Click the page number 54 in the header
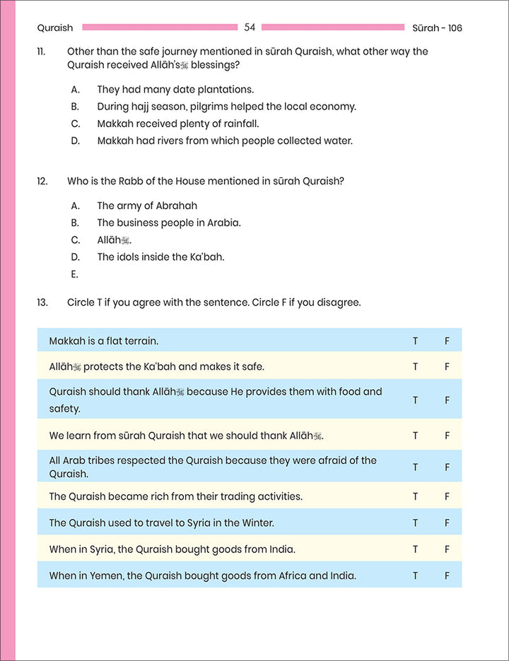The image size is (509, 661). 250,28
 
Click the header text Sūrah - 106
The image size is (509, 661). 437,28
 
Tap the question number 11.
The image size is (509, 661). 42,52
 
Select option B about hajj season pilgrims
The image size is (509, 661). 226,107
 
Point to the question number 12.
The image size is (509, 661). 42,181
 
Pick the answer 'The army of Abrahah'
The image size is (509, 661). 147,206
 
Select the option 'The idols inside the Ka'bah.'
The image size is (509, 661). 160,257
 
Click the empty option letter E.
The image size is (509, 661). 74,274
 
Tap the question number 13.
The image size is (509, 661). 42,302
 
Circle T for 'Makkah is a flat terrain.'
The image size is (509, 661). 416,341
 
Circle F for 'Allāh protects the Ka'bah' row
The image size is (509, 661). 447,367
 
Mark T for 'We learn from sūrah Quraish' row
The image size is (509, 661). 416,436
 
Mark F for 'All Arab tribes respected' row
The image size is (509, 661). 447,467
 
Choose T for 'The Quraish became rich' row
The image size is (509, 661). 416,496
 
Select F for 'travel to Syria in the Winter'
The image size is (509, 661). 447,523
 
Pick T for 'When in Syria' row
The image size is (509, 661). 416,549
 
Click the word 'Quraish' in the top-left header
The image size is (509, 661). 54,28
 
